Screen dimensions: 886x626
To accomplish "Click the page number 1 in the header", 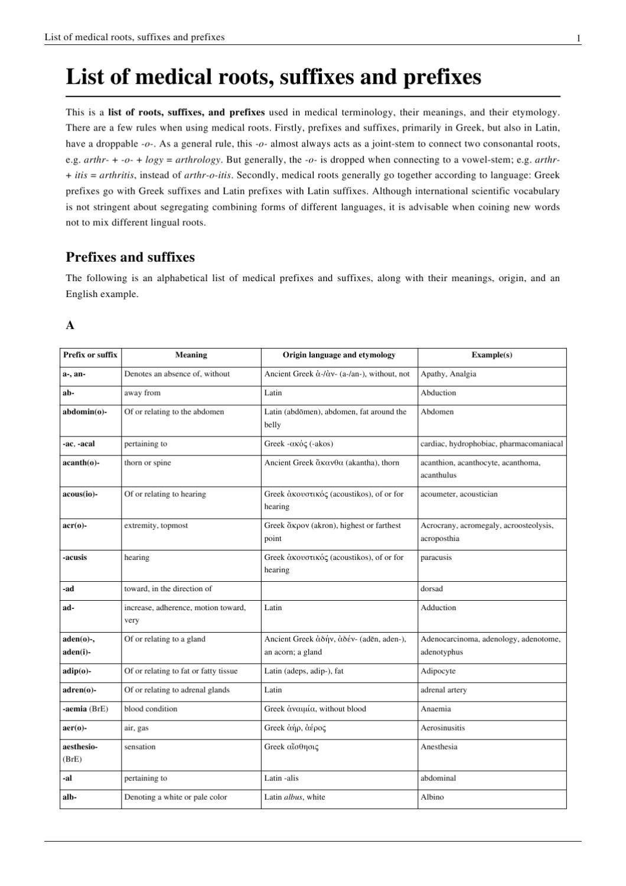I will tap(578, 38).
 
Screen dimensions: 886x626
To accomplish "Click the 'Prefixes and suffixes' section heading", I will tap(130, 258).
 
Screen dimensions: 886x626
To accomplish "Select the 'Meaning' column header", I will tap(191, 355).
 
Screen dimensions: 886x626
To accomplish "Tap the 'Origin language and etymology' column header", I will tap(339, 355).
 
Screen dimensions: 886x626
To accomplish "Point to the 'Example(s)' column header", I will tap(491, 355).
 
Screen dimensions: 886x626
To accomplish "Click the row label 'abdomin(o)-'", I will tap(84, 412).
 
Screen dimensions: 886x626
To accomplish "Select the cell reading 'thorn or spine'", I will tap(147, 462).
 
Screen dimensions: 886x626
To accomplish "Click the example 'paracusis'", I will tap(436, 557).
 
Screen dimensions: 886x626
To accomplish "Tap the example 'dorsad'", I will tap(431, 588).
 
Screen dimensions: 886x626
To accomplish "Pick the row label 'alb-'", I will tap(70, 797).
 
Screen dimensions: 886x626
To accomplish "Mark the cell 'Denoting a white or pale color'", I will tap(175, 797).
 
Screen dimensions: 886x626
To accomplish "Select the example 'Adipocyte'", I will tap(438, 671).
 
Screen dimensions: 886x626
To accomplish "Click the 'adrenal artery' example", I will tap(443, 690).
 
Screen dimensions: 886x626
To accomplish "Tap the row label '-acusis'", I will tap(74, 557).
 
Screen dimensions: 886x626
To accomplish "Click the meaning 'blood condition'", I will tap(150, 709).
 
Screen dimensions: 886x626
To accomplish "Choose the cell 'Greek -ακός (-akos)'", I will tap(302, 444).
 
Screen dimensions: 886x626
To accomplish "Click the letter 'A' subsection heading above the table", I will tap(70, 325).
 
